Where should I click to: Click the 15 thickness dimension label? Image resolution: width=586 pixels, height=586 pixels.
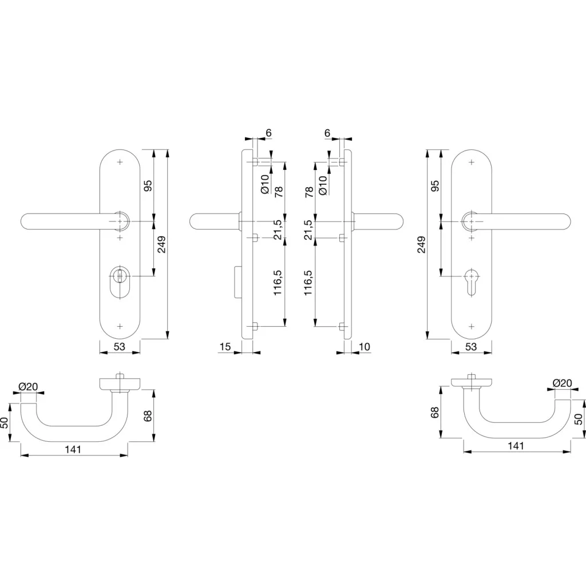(225, 346)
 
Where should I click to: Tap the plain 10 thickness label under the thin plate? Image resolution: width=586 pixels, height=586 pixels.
(364, 346)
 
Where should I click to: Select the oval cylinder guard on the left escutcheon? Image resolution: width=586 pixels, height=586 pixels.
(120, 282)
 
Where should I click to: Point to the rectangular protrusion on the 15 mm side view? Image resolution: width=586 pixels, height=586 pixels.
(237, 282)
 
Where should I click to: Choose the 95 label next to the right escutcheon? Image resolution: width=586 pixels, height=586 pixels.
(435, 185)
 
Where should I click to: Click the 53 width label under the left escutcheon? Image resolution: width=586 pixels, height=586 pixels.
(119, 346)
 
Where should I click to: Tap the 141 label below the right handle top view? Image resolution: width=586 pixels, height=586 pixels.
(516, 445)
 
